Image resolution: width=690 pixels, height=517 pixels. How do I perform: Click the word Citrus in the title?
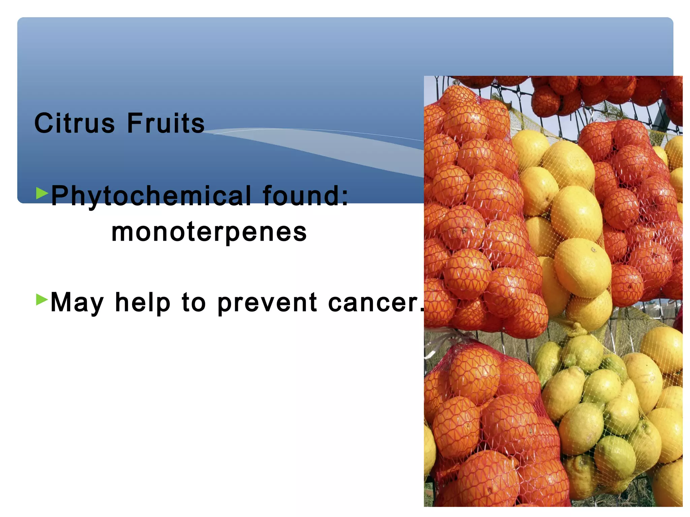pos(74,123)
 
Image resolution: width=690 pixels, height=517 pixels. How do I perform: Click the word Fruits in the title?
pos(166,123)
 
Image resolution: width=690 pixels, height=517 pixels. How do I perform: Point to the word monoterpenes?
pos(209,232)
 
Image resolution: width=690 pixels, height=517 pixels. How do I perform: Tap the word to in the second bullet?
pos(194,302)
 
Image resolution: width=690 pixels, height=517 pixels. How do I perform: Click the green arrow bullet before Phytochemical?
pos(42,193)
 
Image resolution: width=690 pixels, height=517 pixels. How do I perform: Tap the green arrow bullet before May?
pos(42,299)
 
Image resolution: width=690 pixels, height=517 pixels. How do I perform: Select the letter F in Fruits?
pos(135,123)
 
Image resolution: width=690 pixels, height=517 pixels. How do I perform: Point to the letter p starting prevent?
pos(224,305)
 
